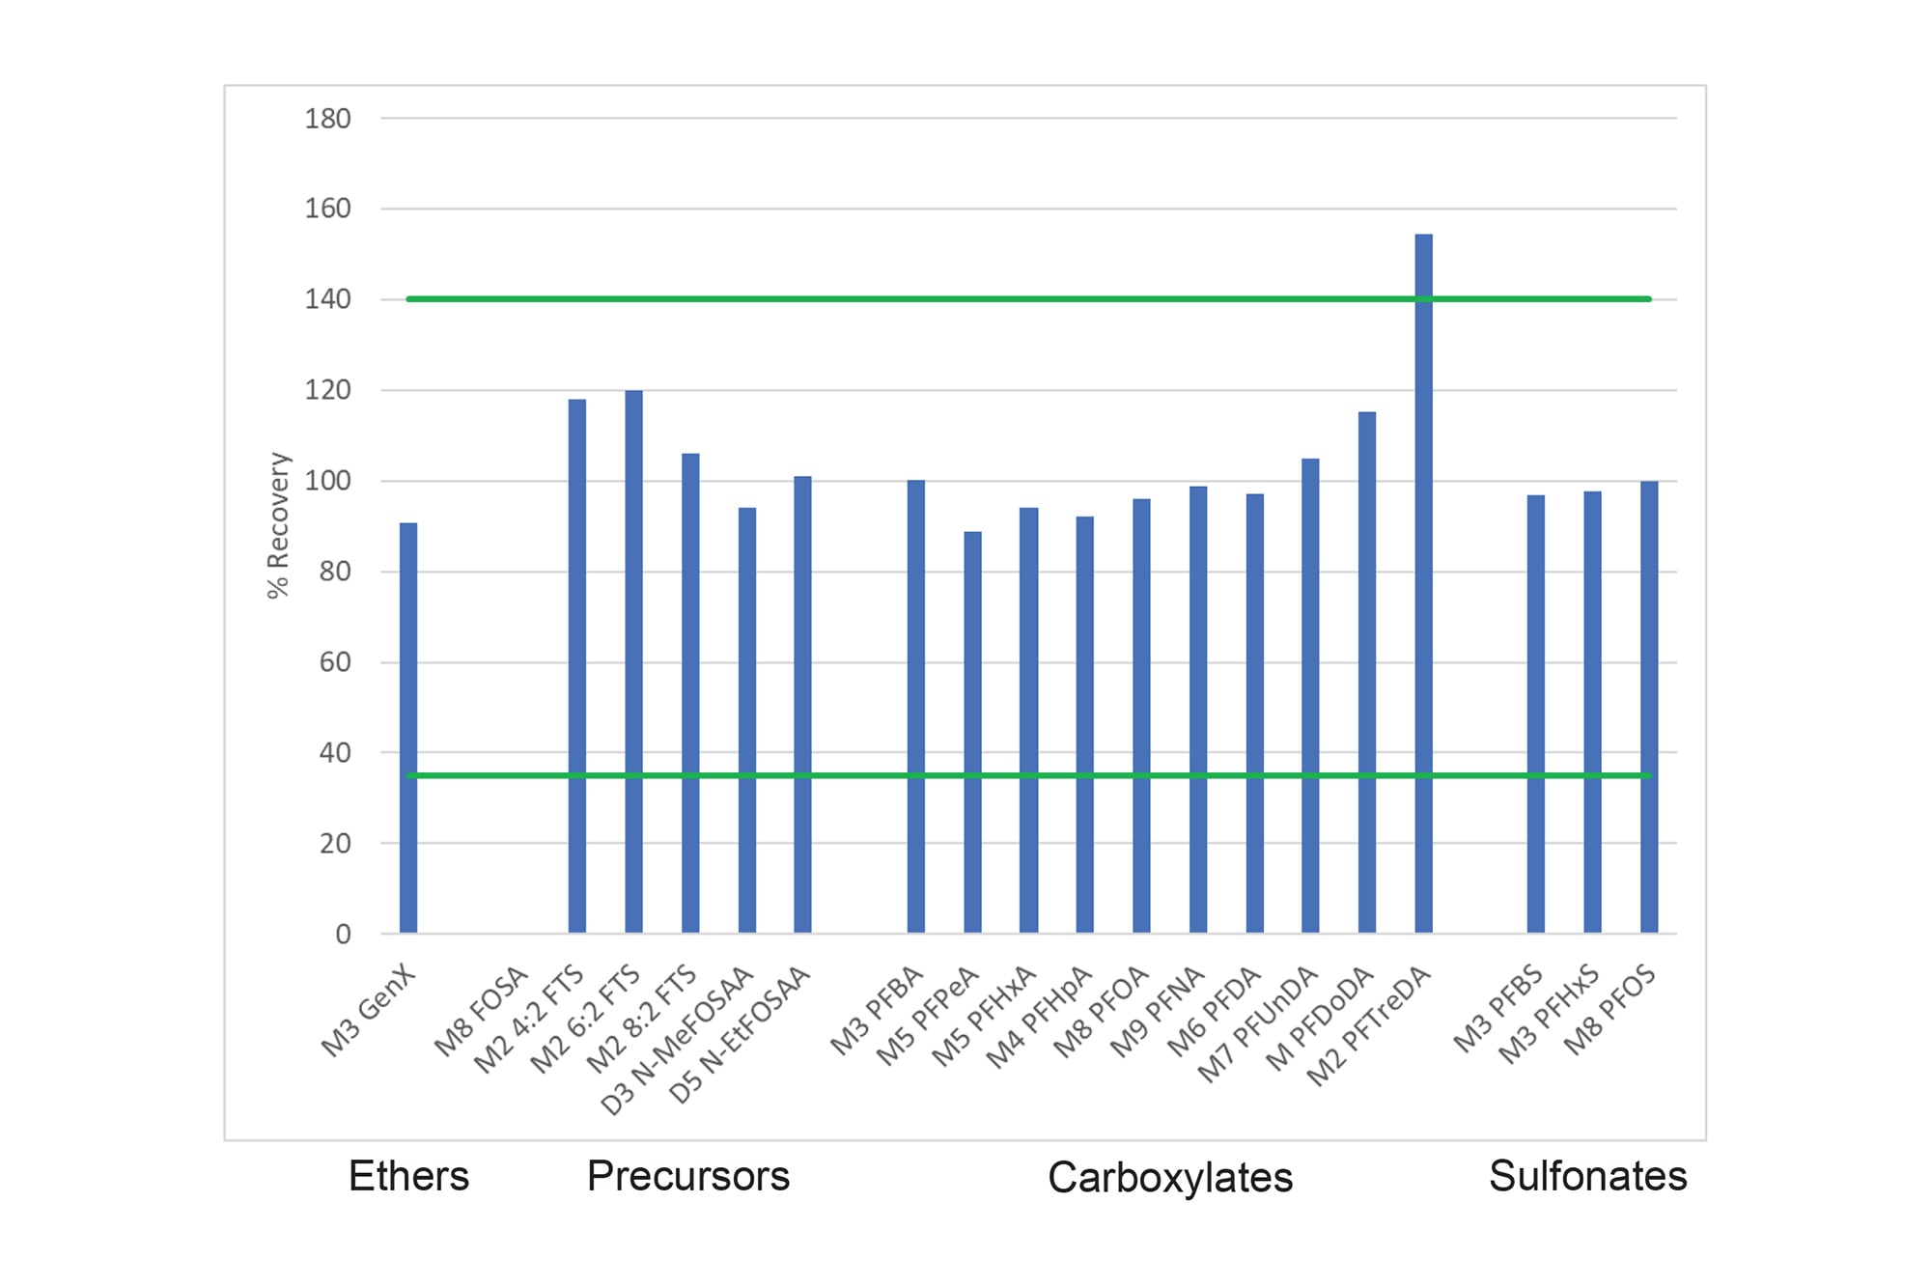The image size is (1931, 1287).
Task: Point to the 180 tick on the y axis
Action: point(327,119)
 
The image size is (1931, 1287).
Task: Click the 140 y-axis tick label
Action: point(327,299)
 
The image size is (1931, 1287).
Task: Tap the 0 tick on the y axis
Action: point(343,934)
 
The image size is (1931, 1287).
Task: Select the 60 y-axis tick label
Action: point(335,662)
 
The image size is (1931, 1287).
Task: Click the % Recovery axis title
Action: point(278,525)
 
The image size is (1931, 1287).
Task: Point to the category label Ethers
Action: point(408,1176)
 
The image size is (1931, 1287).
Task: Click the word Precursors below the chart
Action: point(688,1176)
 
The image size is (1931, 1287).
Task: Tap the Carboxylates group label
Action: point(1170,1177)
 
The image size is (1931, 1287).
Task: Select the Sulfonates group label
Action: point(1587,1176)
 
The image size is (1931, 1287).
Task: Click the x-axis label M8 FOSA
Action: point(481,1012)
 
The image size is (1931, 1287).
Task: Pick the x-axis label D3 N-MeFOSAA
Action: point(677,1041)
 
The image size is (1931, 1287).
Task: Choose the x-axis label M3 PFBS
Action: point(1498,1009)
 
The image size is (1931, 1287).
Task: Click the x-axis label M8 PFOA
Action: point(1101,1012)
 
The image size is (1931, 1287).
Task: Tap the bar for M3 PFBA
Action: point(915,706)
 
